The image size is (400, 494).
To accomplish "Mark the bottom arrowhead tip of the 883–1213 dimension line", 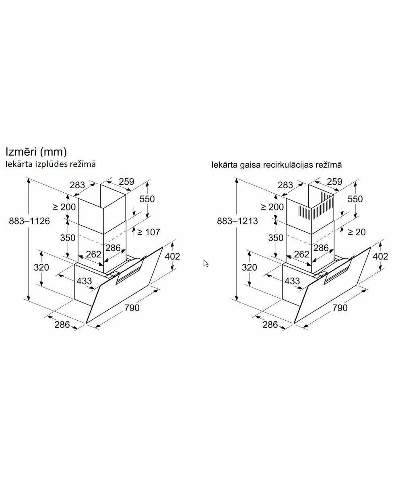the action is (x=237, y=301).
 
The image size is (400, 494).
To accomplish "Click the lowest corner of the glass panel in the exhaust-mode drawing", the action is (x=86, y=323).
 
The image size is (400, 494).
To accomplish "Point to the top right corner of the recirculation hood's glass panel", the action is (x=371, y=247).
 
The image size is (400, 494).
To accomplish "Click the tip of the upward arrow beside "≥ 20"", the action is (x=342, y=227).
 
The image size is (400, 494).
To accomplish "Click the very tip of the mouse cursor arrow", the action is (x=204, y=260).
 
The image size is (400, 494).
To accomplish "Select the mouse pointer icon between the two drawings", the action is (x=206, y=263).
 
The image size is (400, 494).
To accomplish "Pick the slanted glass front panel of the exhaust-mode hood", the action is (x=124, y=285).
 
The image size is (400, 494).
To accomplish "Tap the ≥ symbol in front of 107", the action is (x=140, y=232).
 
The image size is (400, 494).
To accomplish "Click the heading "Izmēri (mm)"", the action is (x=36, y=152).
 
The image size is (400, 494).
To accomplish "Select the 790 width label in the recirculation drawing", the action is (x=340, y=308).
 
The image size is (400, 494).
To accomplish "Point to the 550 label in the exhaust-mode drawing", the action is (x=147, y=199).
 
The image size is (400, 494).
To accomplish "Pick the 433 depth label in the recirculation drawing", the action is (x=292, y=281).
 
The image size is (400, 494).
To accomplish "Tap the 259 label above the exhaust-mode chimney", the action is (x=127, y=181).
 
